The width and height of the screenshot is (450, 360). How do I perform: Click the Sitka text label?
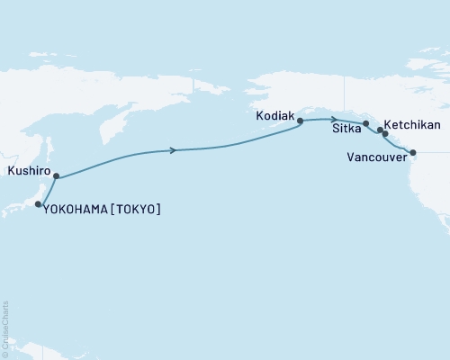(x=346, y=130)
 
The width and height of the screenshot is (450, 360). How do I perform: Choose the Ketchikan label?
(x=412, y=125)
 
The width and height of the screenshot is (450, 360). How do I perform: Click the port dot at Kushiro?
(x=56, y=176)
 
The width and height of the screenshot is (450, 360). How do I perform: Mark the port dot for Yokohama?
(x=38, y=205)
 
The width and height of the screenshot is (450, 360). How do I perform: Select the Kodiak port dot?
(x=300, y=120)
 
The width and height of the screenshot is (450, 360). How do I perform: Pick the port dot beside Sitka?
(x=365, y=123)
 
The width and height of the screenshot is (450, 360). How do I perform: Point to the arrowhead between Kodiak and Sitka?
(x=335, y=120)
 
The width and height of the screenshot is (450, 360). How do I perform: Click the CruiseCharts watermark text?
(x=6, y=327)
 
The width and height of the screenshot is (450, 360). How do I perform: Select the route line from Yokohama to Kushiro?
(x=47, y=191)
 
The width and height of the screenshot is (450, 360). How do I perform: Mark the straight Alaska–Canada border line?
(x=358, y=90)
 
